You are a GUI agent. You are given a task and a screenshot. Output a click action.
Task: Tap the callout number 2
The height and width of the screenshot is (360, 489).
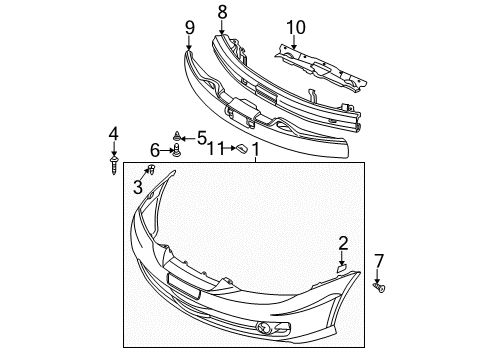coord(343,242)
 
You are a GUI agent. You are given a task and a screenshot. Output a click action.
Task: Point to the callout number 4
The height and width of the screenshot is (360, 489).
coord(114,133)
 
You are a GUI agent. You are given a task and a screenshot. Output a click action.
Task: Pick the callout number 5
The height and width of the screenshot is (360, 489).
coord(202,137)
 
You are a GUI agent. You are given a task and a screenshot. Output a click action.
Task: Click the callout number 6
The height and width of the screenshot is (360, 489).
coord(156,150)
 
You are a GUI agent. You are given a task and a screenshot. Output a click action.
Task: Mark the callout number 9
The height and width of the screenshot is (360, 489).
coord(189,27)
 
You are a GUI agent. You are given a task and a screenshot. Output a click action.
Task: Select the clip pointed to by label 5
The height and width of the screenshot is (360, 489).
coord(177,135)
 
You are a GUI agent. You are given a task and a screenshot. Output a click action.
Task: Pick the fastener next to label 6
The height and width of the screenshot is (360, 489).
coord(176,151)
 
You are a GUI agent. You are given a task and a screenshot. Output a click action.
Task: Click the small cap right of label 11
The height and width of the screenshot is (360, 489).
coord(240,149)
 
